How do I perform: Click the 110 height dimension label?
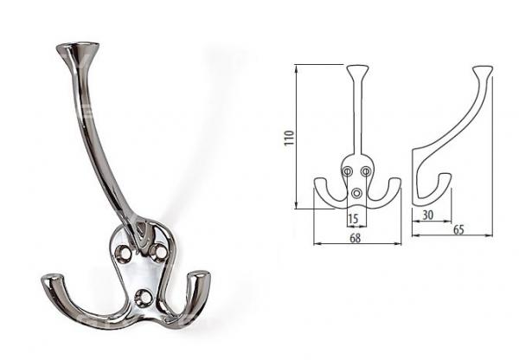pos(289,138)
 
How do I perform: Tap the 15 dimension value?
pos(353,219)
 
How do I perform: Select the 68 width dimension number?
pos(355,238)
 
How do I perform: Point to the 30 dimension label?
pos(427,215)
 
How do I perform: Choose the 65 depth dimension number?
pos(458,229)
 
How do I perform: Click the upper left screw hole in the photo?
pos(124,253)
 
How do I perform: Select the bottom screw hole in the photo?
pos(144,296)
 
